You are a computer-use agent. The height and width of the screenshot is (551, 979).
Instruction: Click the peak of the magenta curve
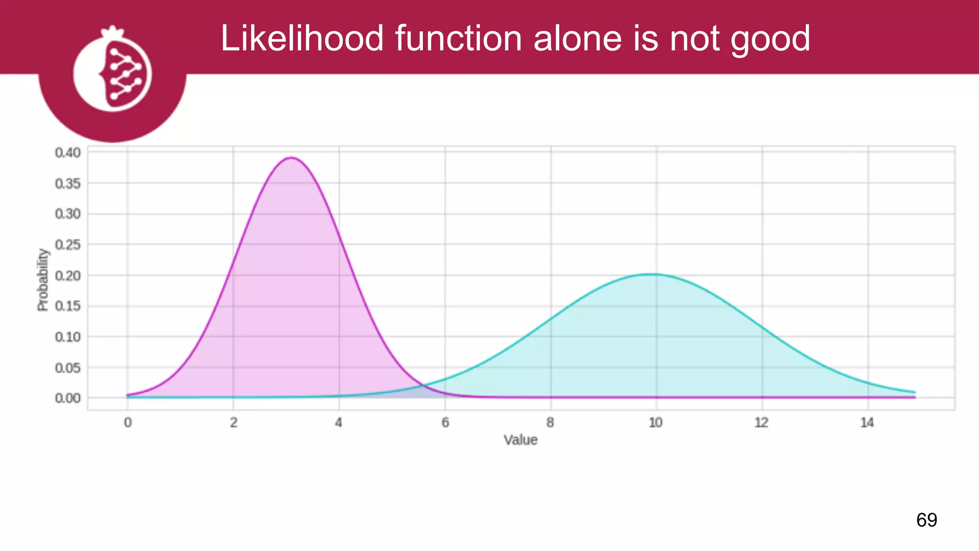point(291,157)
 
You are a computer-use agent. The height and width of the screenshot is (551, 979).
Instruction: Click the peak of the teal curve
point(652,274)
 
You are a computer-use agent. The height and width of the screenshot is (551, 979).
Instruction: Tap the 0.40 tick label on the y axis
point(68,153)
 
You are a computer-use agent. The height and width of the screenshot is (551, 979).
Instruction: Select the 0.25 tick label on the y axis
point(68,245)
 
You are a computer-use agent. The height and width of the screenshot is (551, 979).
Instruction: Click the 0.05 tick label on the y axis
point(68,368)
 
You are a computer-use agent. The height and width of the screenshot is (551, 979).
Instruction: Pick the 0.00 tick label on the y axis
point(68,398)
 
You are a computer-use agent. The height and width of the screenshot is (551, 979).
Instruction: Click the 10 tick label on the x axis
point(655,422)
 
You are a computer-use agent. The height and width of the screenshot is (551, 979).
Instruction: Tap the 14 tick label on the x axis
point(867,422)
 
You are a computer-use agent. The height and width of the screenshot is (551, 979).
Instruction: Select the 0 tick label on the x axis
point(128,422)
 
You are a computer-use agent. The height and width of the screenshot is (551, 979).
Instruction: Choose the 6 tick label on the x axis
point(445,422)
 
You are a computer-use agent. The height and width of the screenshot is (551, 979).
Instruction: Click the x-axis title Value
point(521,440)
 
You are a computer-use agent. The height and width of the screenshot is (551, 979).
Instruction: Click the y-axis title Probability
point(43,280)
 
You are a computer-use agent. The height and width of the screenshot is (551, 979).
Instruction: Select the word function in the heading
point(458,38)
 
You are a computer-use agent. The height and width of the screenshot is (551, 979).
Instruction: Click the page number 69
point(926,520)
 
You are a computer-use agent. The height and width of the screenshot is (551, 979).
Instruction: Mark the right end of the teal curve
point(914,392)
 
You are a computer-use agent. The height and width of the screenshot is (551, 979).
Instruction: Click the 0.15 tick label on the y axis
point(68,306)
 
